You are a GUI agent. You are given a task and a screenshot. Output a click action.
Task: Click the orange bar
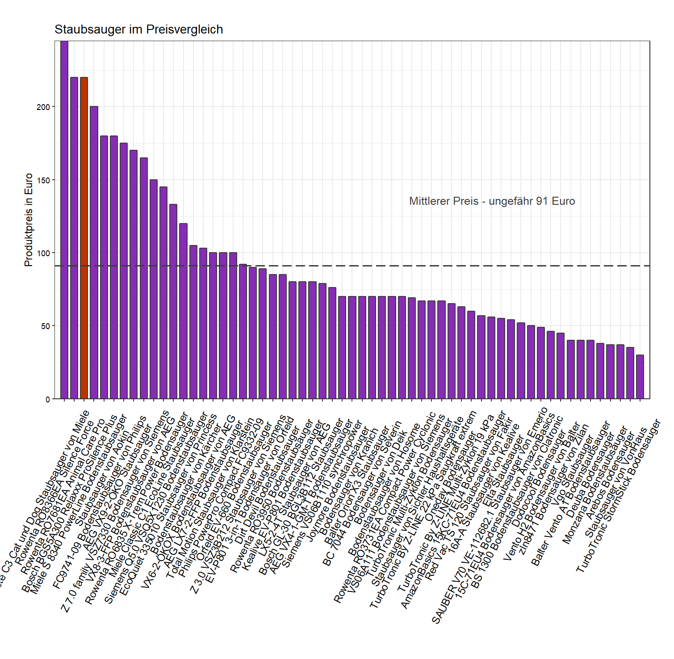point(84,237)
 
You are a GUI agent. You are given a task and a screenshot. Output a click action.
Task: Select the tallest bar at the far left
point(64,219)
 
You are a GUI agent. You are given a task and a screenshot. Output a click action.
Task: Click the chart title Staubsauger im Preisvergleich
point(138,30)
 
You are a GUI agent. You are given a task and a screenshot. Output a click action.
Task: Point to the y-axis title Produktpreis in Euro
point(29,220)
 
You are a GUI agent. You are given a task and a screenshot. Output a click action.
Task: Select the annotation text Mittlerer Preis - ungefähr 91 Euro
point(492,201)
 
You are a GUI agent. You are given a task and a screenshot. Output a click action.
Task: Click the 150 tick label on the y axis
point(43,180)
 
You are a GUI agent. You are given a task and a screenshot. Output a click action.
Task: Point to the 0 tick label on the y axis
point(48,399)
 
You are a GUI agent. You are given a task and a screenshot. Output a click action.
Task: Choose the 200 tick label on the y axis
point(43,107)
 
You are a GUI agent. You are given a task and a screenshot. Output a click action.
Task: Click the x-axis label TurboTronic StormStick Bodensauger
point(618,496)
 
